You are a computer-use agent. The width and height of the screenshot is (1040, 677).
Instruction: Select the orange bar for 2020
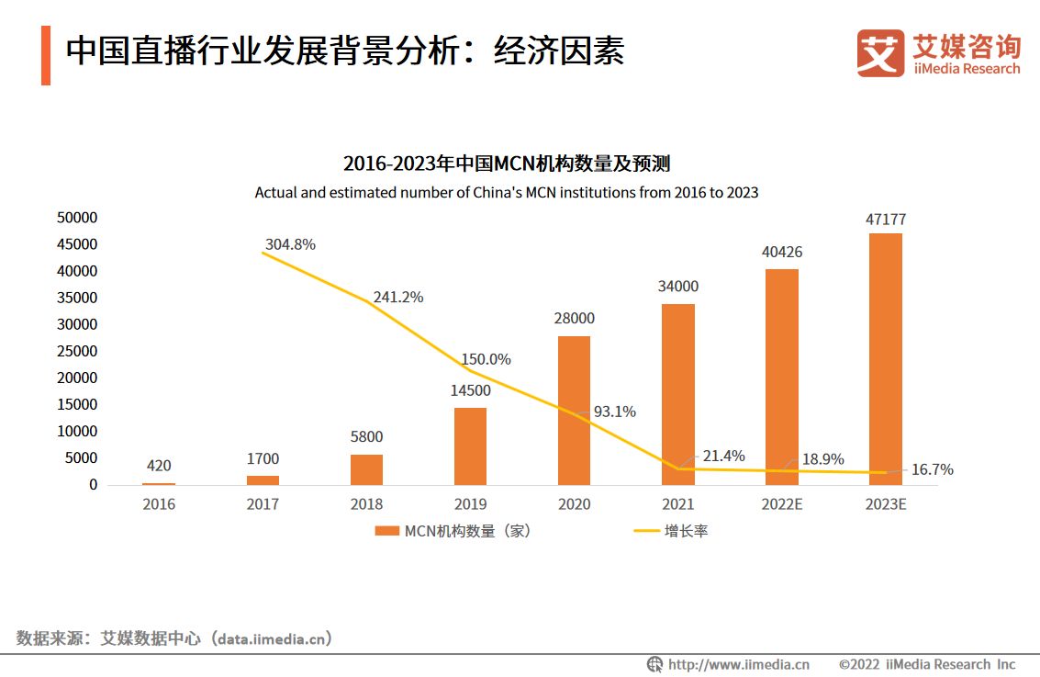(574, 411)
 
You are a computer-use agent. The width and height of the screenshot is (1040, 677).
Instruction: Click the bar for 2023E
(886, 359)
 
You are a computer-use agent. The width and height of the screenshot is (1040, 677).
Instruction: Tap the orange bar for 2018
(366, 469)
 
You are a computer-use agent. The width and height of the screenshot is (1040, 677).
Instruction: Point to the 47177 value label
(886, 220)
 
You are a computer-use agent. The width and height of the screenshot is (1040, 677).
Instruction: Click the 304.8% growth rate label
(290, 244)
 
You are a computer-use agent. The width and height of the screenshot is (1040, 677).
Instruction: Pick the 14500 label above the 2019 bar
(470, 390)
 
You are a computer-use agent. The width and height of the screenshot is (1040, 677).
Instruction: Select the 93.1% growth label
(615, 412)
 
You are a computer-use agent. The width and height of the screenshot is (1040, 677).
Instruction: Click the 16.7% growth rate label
(932, 469)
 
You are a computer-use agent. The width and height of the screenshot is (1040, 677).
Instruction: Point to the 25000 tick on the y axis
(79, 351)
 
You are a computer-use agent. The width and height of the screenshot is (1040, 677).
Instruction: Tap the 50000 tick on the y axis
(79, 218)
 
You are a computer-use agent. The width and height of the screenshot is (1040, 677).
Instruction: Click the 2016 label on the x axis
(159, 504)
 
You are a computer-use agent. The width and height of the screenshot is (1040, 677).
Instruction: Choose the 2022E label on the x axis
(782, 504)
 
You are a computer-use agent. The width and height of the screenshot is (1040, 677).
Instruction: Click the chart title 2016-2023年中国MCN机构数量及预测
(507, 164)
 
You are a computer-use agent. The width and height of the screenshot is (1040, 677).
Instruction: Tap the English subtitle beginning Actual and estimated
(507, 193)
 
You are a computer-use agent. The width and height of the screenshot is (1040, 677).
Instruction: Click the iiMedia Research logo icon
(880, 52)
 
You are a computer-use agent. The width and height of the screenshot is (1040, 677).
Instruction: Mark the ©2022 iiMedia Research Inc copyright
(927, 664)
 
